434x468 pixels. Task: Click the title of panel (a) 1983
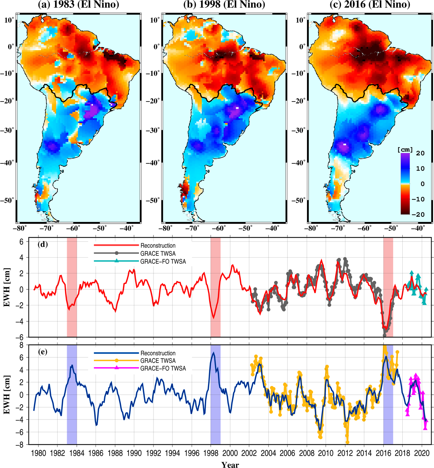(78, 5)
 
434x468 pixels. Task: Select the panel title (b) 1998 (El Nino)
(224, 5)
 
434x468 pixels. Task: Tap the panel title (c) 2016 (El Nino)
(369, 5)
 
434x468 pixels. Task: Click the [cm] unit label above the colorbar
(405, 150)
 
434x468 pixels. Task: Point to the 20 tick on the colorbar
(420, 153)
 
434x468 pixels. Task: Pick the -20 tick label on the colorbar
(418, 214)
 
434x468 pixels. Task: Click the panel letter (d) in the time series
(43, 244)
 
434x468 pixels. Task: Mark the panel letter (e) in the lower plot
(43, 351)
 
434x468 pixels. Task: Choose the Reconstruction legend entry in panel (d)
(158, 246)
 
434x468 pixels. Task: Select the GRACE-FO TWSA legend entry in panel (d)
(163, 261)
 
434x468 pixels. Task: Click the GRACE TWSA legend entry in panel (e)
(158, 361)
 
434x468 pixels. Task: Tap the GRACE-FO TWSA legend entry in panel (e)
(163, 368)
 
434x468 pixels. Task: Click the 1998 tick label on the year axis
(211, 453)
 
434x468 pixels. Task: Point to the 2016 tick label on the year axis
(383, 453)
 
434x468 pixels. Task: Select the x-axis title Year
(230, 465)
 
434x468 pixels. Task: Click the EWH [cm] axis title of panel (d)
(7, 287)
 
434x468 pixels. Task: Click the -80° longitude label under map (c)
(311, 229)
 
